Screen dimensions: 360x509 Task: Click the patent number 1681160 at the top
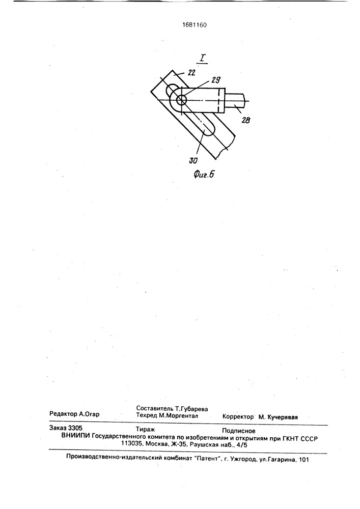coord(194,25)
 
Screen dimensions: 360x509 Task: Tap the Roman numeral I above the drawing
coord(203,59)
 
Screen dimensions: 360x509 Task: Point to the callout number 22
coord(191,73)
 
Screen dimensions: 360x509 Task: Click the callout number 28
coord(246,120)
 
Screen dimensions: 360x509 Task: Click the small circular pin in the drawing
coord(181,100)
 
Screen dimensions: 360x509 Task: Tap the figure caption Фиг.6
coord(204,174)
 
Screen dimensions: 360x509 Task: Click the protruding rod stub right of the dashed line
coord(235,101)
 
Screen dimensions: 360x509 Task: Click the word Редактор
coord(63,414)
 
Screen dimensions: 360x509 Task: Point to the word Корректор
coord(238,417)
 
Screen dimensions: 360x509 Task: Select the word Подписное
coord(239,431)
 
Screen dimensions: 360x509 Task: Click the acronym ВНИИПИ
coord(75,437)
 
